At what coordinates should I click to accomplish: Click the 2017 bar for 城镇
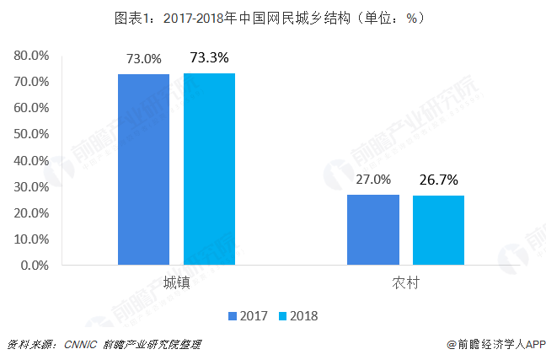click(143, 169)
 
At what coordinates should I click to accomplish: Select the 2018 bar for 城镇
click(209, 169)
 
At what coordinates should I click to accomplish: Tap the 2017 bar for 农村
click(372, 229)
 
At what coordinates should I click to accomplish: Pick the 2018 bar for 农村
click(438, 230)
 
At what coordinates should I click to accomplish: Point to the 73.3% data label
click(209, 58)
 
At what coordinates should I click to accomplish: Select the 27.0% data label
click(373, 180)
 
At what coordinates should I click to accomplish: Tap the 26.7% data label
click(439, 180)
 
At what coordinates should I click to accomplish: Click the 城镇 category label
click(176, 283)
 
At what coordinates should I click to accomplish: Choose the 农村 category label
click(405, 283)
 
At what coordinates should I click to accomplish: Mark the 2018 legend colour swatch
click(283, 316)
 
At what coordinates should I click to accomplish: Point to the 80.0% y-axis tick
click(31, 56)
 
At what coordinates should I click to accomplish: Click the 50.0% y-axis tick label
click(31, 134)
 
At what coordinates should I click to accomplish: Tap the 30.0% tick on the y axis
click(31, 186)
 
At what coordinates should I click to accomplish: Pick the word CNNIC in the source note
click(79, 345)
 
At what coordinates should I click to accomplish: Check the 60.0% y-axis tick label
click(31, 108)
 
